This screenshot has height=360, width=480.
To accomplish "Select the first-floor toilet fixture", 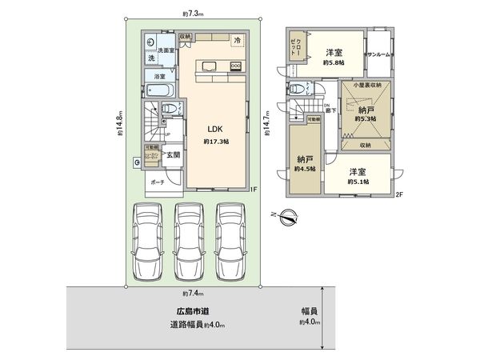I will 166,109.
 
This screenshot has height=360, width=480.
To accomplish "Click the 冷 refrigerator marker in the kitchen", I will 237,40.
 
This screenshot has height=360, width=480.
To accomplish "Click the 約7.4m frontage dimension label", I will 192,294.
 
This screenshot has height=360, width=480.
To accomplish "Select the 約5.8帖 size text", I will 334,62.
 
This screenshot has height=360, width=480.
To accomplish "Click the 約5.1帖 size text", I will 358,182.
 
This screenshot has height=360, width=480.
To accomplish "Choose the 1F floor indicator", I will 250,189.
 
